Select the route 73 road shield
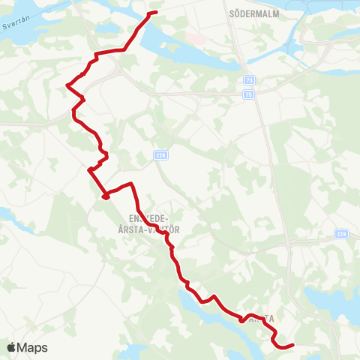(249, 79)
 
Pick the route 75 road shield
(249, 94)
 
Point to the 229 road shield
(342, 233)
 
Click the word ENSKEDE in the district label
(134, 219)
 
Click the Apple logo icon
(12, 347)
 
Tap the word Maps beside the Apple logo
(32, 347)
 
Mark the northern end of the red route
(155, 13)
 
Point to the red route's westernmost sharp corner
(67, 85)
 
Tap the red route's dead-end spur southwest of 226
(106, 197)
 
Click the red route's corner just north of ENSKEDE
(132, 184)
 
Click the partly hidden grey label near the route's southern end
(261, 319)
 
